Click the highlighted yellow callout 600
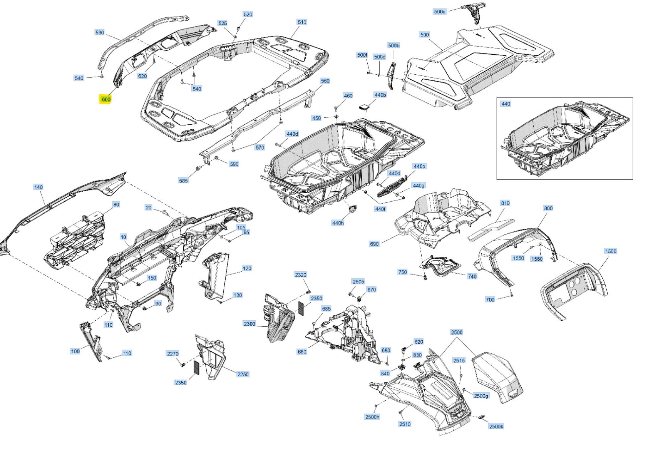[106, 99]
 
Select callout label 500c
[440, 11]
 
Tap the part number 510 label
[302, 22]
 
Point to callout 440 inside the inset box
[506, 104]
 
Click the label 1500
[610, 251]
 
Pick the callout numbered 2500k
[496, 426]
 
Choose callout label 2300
[249, 324]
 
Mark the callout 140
[38, 187]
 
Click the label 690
[374, 244]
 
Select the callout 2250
[243, 374]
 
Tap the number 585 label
[183, 180]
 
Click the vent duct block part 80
[76, 239]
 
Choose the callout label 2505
[358, 282]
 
